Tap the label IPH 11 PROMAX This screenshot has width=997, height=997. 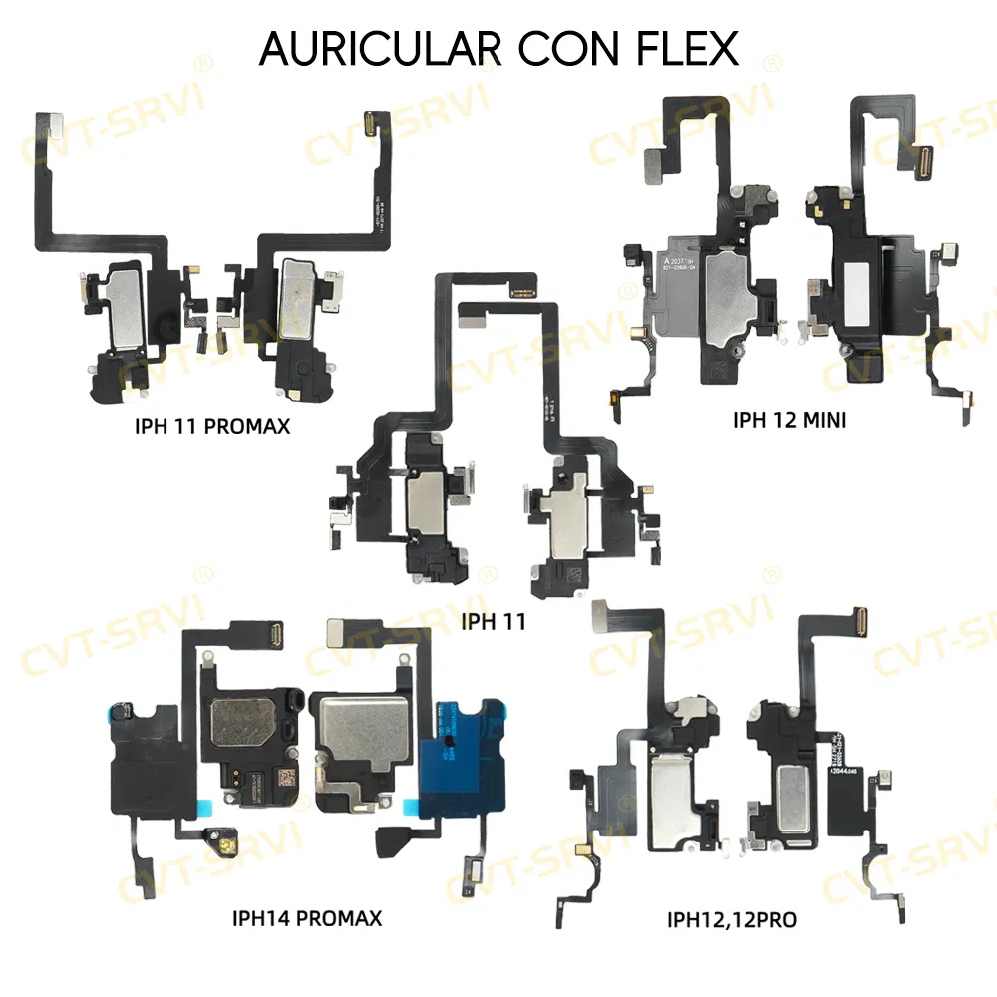pyautogui.click(x=211, y=427)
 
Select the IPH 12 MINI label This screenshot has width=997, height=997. pyautogui.click(x=790, y=420)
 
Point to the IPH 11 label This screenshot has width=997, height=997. pyautogui.click(x=494, y=623)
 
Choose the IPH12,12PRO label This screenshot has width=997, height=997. pyautogui.click(x=731, y=919)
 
